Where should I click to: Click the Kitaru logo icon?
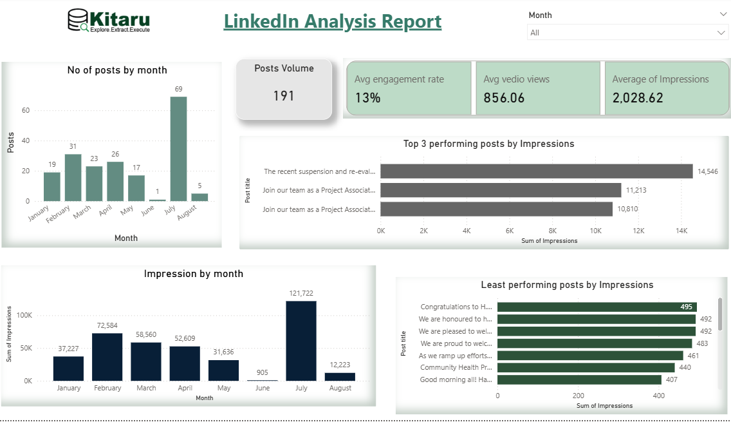tap(79, 20)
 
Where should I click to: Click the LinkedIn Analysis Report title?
tap(332, 21)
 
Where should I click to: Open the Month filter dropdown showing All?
tap(627, 32)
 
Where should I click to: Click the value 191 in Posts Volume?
tap(284, 96)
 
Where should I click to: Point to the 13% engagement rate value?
tap(368, 98)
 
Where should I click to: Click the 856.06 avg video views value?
tap(504, 98)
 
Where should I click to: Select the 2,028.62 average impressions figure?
tap(637, 98)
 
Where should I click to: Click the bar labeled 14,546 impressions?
tap(536, 171)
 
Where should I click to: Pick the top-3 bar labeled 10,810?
tap(496, 209)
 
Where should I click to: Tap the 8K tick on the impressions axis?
tap(553, 231)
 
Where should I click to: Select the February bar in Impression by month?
tap(107, 357)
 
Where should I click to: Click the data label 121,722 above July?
tap(301, 293)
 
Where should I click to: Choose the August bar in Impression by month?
tap(340, 377)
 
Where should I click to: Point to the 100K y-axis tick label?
tap(23, 315)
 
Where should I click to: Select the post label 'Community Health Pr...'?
tap(456, 367)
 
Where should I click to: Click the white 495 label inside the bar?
tap(686, 307)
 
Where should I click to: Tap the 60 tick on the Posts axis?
tap(26, 110)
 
